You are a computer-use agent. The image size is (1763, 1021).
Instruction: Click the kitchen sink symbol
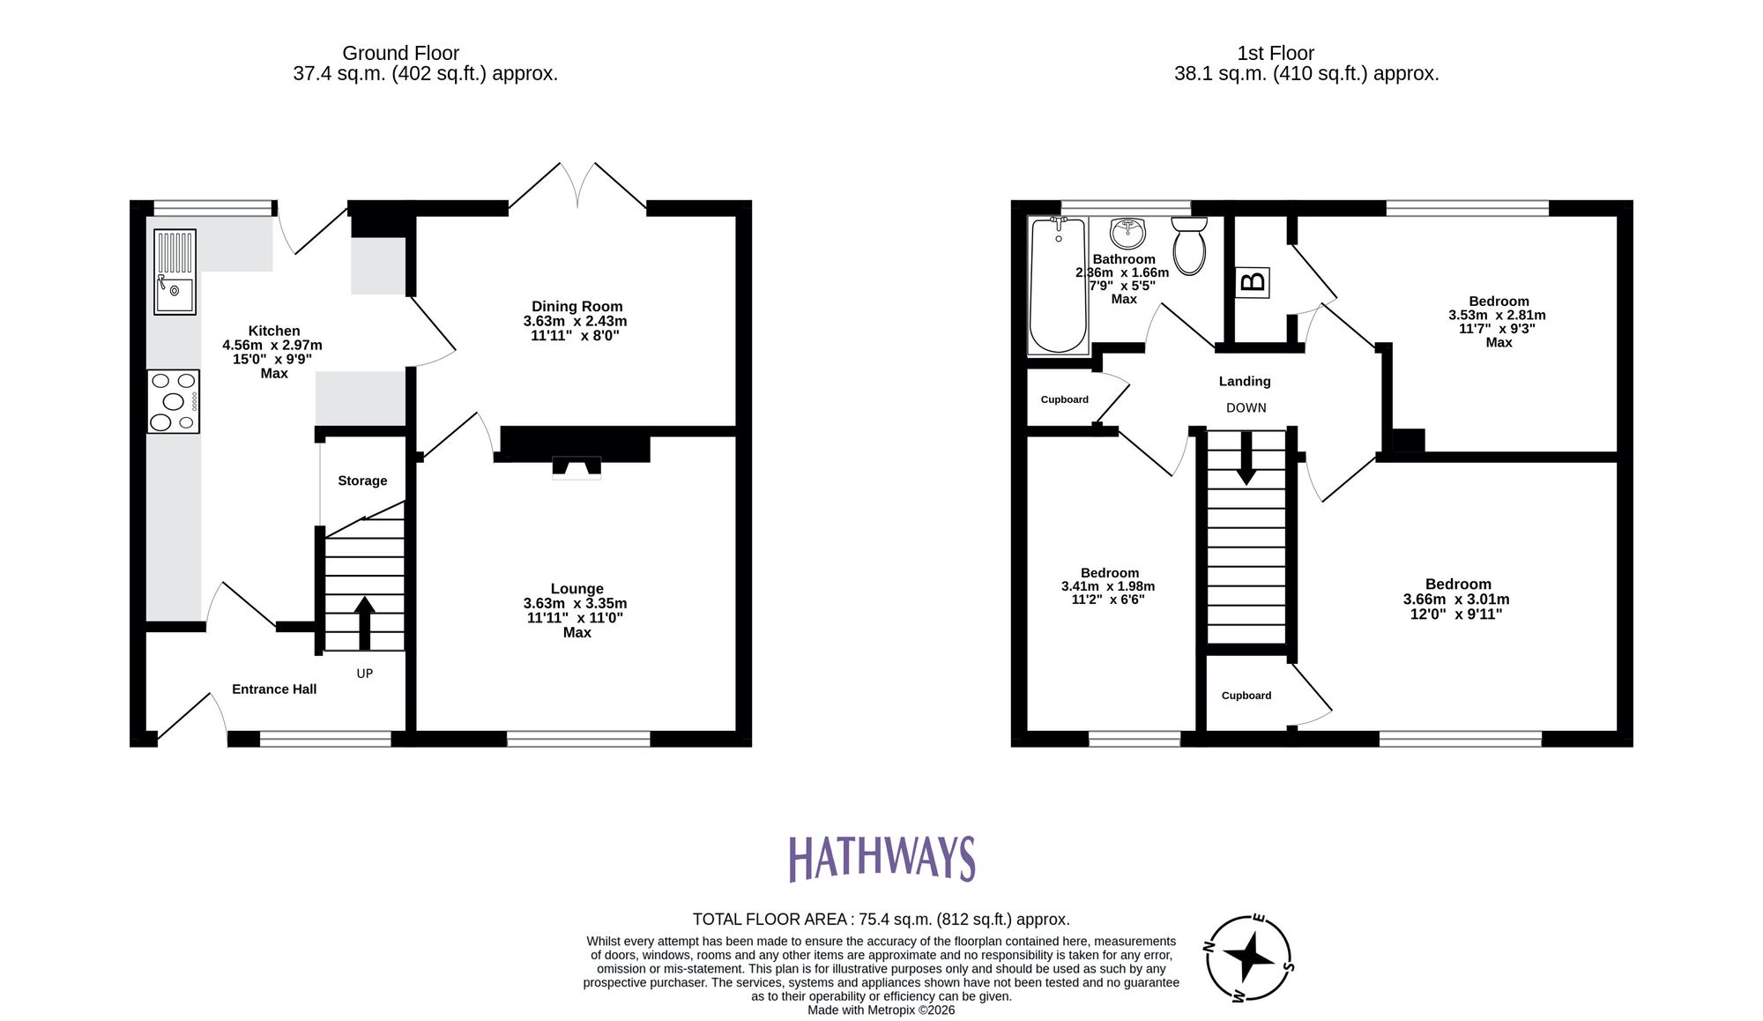click(175, 272)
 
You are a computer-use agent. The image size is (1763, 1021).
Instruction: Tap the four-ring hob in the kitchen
click(174, 401)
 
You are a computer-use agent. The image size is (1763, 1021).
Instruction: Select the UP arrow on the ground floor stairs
click(364, 621)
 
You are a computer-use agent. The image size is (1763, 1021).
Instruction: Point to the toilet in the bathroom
click(1189, 246)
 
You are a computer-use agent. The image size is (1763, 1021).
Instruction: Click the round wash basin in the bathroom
click(1127, 234)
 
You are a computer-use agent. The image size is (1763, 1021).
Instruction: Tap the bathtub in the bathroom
click(1058, 285)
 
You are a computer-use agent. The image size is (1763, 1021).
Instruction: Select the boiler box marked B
click(1253, 282)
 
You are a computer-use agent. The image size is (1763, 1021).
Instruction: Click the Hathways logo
click(881, 859)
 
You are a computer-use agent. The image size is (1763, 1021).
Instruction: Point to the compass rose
click(1248, 958)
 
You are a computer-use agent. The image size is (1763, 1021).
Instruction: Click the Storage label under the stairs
click(362, 481)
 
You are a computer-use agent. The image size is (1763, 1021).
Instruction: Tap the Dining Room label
click(577, 307)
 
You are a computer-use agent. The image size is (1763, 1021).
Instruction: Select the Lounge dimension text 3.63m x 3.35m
click(576, 604)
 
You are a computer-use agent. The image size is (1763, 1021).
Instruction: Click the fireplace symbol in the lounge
click(576, 467)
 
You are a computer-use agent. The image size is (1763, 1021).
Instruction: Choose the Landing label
click(1245, 381)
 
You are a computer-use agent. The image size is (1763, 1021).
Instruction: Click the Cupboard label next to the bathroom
click(1064, 399)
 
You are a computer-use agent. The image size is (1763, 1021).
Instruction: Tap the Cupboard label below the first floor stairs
click(1246, 696)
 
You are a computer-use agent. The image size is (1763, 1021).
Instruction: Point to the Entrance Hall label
click(274, 689)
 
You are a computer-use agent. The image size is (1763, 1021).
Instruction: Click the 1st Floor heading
click(1275, 53)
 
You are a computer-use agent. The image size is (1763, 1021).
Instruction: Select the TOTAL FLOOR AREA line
click(881, 920)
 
